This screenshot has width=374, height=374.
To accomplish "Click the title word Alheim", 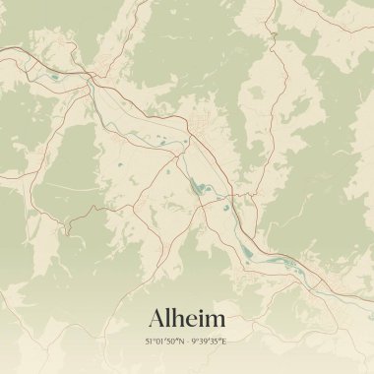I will [187, 319].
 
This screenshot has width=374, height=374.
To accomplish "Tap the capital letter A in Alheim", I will [157, 319].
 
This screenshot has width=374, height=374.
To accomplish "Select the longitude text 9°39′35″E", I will [210, 342].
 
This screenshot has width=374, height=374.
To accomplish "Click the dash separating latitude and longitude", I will [189, 342].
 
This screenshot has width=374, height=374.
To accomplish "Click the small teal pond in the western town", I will [54, 76].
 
